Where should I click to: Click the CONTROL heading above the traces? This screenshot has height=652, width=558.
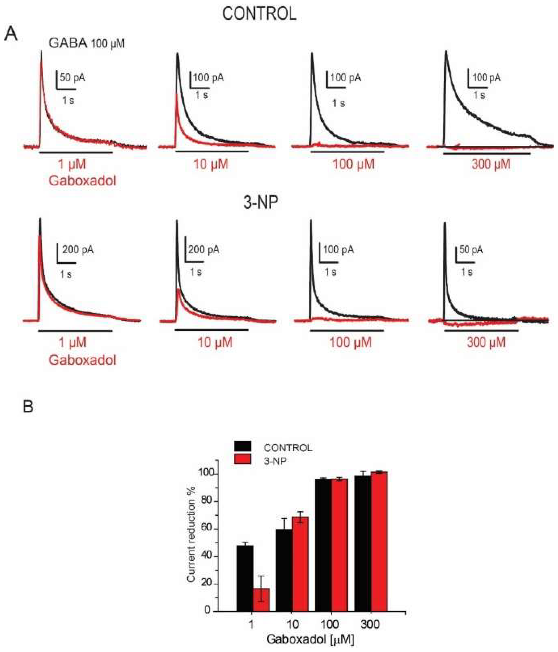point(259,14)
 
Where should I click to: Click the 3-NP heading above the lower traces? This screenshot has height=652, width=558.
point(261,203)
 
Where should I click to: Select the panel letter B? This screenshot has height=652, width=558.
point(28,407)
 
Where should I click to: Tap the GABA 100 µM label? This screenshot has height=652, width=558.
point(86,43)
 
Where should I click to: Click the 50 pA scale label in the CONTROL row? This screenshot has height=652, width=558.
point(72,78)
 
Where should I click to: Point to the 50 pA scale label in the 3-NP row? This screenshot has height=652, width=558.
point(471,250)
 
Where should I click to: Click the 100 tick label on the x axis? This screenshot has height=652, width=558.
point(330,624)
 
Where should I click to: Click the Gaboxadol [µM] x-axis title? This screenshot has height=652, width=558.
point(310,639)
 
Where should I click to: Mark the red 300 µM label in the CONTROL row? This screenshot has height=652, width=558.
point(491,164)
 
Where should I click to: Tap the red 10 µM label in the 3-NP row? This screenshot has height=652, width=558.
point(214,342)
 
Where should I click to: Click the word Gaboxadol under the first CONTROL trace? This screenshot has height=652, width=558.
point(82,181)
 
